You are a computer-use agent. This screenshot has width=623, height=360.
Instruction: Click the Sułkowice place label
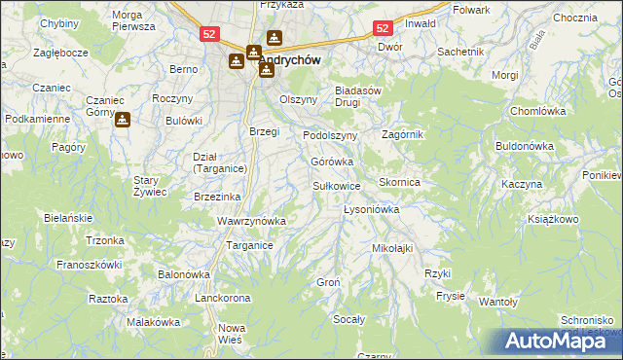pos(337,185)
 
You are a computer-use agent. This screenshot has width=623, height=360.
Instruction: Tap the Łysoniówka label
pos(372,209)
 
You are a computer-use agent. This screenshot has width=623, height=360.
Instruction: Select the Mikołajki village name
pos(392,248)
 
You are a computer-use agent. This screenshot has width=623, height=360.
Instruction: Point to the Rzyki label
pos(437,273)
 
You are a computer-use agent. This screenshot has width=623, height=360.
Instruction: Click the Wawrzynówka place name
pos(251,221)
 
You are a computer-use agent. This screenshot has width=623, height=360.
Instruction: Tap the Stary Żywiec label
pos(151,185)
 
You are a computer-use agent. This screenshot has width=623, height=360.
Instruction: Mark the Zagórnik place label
pos(403,134)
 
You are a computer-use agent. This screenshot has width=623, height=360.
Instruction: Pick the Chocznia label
pos(573,18)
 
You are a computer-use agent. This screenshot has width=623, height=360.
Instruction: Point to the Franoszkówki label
pos(89,264)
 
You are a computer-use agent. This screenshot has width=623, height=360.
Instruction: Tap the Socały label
pos(349,319)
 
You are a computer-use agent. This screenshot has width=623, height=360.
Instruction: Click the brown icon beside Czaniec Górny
pos(123,121)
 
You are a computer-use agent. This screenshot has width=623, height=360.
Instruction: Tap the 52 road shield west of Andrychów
pos(210,33)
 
